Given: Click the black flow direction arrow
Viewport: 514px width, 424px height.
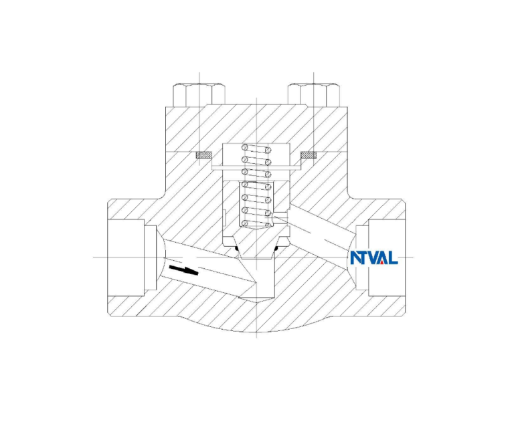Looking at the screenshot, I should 184,270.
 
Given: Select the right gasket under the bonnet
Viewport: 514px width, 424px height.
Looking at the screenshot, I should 309,155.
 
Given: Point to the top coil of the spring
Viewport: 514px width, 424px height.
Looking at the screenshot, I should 257,149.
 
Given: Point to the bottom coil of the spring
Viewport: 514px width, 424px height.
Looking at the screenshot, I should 257,223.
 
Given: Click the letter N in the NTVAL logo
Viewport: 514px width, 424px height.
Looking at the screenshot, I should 355,257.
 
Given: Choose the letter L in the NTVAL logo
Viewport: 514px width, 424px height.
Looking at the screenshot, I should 393,257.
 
